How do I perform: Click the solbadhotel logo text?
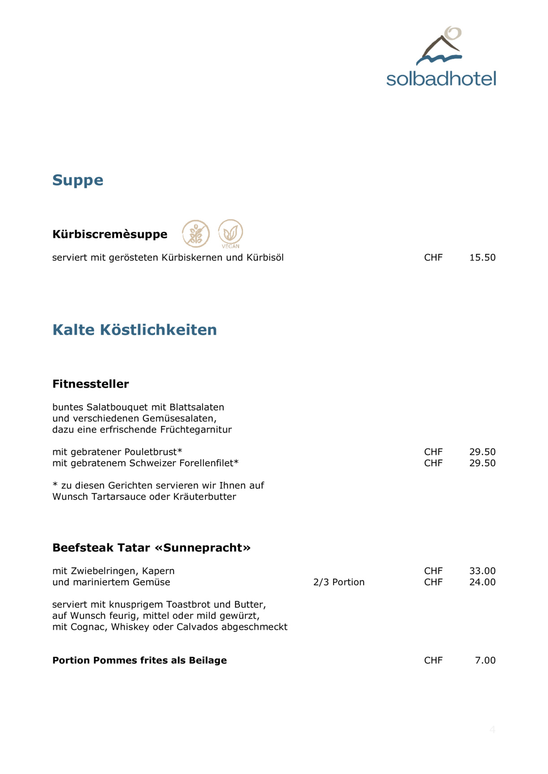pos(441,79)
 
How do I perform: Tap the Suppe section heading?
pos(78,180)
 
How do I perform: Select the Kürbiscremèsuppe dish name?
pos(109,234)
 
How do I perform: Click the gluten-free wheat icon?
pos(196,233)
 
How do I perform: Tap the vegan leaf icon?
pos(231,232)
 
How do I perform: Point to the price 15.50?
pos(482,258)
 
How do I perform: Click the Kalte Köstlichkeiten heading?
pos(135,330)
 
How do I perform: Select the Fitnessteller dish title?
pos(91,384)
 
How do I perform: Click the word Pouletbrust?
pos(152,452)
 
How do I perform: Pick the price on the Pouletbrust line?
pos(482,452)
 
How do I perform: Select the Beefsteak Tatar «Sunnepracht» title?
pos(151,548)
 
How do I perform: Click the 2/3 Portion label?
pos(339,582)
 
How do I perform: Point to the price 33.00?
pos(482,571)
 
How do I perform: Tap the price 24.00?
pos(482,582)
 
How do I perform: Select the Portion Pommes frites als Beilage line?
pos(139,661)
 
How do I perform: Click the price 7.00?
pos(485,661)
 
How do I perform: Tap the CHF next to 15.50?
pos(433,258)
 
